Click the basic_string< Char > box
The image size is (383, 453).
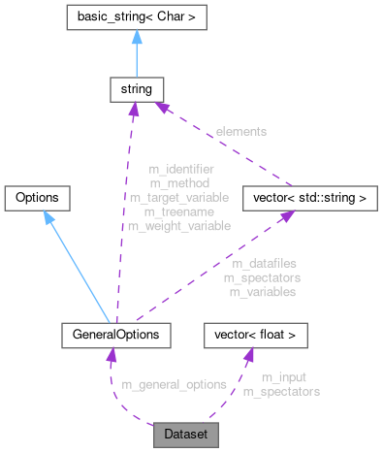point(133,17)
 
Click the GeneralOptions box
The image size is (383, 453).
point(115,336)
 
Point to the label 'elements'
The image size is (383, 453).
point(242,130)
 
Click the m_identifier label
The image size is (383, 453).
point(179,169)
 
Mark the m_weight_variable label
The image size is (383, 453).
point(179,225)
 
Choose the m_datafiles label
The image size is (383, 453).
point(265,263)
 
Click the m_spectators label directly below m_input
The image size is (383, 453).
point(281,392)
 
